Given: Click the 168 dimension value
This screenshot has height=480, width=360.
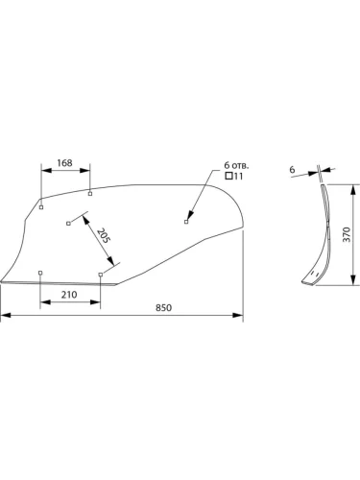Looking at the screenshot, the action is [x=64, y=163].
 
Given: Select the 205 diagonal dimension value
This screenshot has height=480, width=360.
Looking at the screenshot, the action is [x=104, y=235].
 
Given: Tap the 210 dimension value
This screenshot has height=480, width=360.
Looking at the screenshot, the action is [x=69, y=295].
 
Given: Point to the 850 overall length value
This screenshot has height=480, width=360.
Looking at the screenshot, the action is [x=164, y=308].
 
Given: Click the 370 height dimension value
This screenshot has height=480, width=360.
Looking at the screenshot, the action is [x=347, y=234].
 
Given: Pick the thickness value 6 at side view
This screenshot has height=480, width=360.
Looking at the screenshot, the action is [x=292, y=170].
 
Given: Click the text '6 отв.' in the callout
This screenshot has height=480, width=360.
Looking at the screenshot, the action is [x=236, y=165].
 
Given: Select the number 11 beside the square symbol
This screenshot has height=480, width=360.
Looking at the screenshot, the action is [x=239, y=176].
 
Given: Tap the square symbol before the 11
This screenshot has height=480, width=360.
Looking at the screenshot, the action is [x=228, y=176].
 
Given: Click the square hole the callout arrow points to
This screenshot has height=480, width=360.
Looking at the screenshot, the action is [x=186, y=222].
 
